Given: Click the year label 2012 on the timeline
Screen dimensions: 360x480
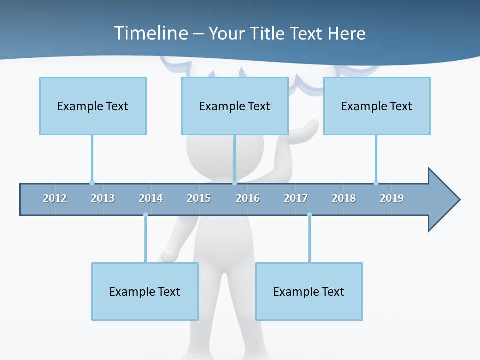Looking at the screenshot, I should click(x=55, y=198).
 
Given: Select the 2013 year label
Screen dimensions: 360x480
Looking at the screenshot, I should click(x=103, y=198).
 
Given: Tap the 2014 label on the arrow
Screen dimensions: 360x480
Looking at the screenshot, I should click(x=151, y=198).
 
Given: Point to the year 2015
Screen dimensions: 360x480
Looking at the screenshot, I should click(x=199, y=198).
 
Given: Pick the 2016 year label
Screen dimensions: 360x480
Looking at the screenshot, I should click(x=248, y=198).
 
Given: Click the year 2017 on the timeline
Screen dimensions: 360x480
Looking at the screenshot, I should click(x=296, y=198).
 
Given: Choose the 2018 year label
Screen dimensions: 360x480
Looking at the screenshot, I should click(x=344, y=198).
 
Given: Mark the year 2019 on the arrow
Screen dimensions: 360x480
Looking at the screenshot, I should click(x=392, y=198).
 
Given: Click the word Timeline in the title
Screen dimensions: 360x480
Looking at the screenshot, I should click(x=150, y=33).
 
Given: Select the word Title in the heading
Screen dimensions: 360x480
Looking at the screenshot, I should click(x=268, y=33).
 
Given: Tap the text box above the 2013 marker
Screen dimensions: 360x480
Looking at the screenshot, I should click(x=93, y=106).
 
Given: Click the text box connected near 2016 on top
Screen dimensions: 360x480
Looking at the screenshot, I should click(x=235, y=106).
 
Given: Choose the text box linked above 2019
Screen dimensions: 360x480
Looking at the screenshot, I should click(x=377, y=106).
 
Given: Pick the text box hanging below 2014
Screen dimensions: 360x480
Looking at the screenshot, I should click(x=145, y=291).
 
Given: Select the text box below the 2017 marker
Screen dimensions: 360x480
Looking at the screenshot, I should click(x=309, y=291).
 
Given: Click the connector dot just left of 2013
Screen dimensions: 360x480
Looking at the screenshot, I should click(x=92, y=183).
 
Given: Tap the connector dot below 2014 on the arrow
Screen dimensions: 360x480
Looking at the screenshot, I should click(x=145, y=215).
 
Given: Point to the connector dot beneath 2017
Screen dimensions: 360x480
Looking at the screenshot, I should click(x=309, y=215).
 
